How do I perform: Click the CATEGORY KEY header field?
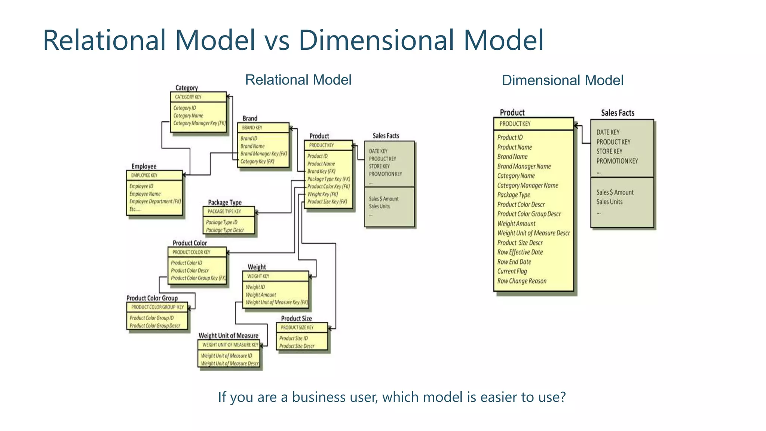point(188,97)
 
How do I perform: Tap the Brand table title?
point(250,118)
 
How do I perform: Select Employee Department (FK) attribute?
point(155,201)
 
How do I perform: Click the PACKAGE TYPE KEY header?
point(224,211)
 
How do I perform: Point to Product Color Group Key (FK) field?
point(198,278)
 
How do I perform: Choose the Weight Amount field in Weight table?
point(261,295)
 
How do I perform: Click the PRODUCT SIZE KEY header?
point(297,327)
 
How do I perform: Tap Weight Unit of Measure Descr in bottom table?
point(230,363)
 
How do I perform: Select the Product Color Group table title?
point(152,298)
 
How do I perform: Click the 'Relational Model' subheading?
point(298,80)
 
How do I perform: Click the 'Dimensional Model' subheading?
point(562,80)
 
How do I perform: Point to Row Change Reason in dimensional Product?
point(522,281)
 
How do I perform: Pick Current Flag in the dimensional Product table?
point(512,271)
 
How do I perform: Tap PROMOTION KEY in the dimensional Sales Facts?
point(617,161)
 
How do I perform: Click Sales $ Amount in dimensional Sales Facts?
point(615,192)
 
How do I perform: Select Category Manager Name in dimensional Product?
point(527,185)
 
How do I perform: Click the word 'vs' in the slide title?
point(277,40)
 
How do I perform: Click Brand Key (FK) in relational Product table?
point(321,171)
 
